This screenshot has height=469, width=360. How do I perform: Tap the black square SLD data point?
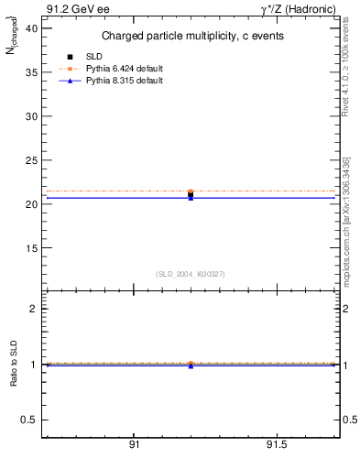191,194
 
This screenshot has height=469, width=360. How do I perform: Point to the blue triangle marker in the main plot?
191,198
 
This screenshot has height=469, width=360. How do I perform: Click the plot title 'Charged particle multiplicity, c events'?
190,37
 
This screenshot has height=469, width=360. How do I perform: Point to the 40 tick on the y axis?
31,29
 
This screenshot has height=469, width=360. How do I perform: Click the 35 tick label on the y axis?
31,73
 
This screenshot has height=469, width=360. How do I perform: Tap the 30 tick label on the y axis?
31,116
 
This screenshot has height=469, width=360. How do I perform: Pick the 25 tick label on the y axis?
31,160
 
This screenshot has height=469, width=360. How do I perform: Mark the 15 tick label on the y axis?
31,248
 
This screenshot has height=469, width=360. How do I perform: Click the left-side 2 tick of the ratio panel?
33,309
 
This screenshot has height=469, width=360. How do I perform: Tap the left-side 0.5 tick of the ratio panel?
29,420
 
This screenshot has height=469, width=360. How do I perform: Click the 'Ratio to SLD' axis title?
14,378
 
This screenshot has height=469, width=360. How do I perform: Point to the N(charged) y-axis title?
13,41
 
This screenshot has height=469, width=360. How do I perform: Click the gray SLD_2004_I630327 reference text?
190,274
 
